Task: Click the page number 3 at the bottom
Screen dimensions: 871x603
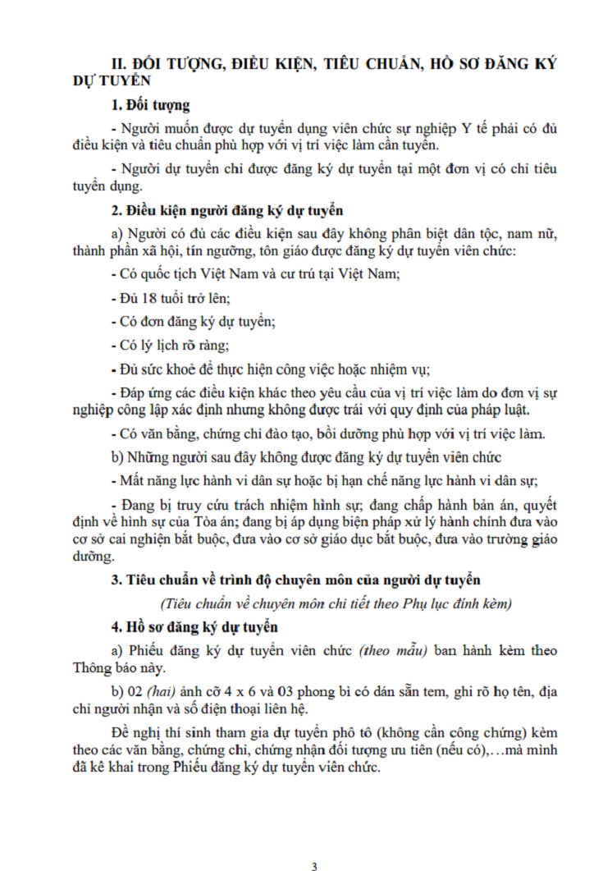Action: [313, 864]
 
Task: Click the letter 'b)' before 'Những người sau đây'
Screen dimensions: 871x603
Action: [120, 456]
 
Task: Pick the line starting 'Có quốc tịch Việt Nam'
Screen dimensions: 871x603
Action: [254, 273]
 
